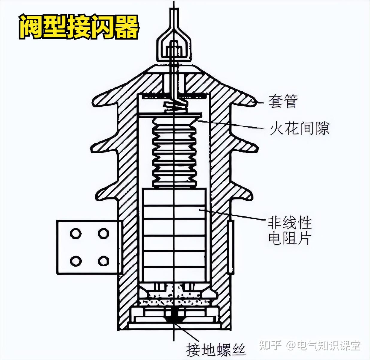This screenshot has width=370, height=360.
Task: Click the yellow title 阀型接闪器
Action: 79,27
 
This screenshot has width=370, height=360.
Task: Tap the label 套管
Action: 283,101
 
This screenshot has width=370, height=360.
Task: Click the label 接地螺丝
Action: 216,349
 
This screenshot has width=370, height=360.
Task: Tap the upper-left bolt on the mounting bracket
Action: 75,233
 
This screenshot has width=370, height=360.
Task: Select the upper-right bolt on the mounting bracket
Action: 103,233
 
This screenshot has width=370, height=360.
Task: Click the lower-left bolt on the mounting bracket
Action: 75,261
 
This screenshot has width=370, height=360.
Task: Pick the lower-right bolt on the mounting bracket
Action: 103,261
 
